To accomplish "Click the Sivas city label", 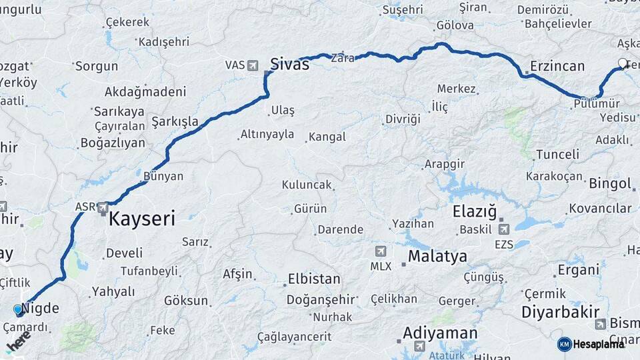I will click(289, 64).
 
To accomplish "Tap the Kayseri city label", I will click(141, 218).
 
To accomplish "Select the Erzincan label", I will click(557, 66).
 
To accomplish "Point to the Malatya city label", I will click(437, 255).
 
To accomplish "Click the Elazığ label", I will click(475, 212).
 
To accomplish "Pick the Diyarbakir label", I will click(560, 311).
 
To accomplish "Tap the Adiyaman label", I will click(440, 333).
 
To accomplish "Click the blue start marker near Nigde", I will click(18, 309).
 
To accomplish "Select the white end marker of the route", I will click(623, 64).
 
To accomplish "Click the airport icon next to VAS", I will click(253, 65).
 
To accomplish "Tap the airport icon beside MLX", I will click(381, 251).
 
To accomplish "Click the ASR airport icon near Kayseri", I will click(103, 208).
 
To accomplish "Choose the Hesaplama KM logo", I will click(591, 344).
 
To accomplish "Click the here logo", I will click(19, 342).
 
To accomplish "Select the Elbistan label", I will click(313, 279).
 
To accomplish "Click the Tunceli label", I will click(557, 154).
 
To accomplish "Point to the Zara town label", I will click(343, 58).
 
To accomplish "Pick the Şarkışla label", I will click(175, 121).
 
